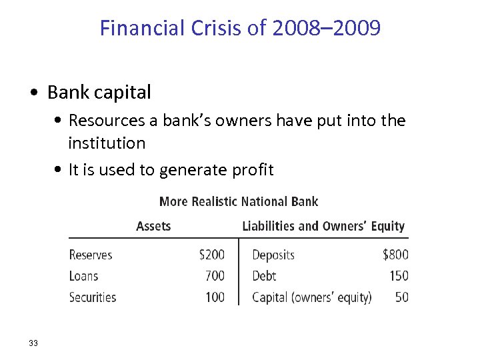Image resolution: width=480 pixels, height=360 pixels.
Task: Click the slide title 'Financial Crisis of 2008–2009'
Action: [240, 28]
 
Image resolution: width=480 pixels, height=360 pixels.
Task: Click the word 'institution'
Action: [107, 143]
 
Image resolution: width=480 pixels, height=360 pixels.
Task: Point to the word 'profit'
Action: [252, 170]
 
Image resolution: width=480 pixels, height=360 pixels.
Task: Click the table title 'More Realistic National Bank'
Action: [239, 201]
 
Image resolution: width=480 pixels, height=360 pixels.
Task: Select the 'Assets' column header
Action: [153, 226]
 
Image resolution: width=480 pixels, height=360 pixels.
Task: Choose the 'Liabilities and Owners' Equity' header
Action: [323, 226]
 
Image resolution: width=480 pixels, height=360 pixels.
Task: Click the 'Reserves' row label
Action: [91, 255]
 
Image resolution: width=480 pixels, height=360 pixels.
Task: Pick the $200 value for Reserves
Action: [212, 255]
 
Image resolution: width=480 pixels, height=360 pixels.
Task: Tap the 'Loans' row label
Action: [83, 276]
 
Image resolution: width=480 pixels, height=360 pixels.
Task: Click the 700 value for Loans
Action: [215, 276]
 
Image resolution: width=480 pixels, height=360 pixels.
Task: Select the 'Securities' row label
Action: [93, 297]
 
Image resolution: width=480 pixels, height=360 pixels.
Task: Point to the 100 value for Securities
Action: [215, 297]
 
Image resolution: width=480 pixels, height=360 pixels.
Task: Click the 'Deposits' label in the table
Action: [273, 255]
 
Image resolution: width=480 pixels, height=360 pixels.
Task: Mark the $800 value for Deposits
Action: [395, 255]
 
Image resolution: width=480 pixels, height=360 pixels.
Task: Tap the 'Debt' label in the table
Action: [264, 276]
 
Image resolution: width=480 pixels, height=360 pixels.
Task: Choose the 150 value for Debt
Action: [398, 276]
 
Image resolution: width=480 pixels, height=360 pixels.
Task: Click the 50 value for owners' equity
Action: [402, 297]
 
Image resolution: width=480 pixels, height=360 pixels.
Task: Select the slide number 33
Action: [33, 343]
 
